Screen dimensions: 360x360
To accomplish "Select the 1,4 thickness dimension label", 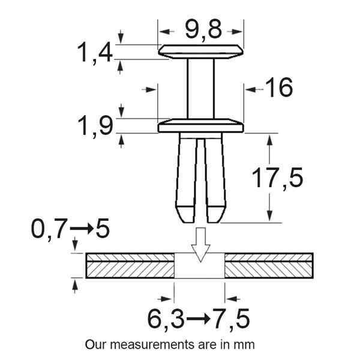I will pos(94,53).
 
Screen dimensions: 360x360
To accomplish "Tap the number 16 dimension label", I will pos(278,88).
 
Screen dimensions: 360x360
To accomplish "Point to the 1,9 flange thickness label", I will pos(95,126).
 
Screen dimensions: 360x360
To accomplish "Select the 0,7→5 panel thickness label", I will pos(70,229).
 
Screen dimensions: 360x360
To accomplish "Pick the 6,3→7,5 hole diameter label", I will pos(198,318).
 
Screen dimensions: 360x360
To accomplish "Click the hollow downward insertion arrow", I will pos(200,244).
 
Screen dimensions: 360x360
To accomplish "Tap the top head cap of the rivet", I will pos(201,51).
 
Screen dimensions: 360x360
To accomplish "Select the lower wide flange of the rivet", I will pos(201,127).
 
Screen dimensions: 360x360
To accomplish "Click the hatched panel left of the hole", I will pos(130,266).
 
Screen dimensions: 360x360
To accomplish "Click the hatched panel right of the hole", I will pos(269,266).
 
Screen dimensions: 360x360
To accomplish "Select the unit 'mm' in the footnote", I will pos(245,345).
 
